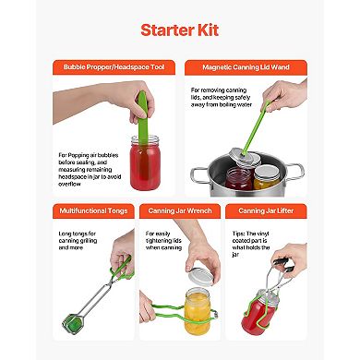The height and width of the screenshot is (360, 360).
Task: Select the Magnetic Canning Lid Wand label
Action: click(x=247, y=67)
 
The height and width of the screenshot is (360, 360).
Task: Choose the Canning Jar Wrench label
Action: click(x=180, y=211)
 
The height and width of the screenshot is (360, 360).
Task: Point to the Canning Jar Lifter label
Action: click(x=270, y=211)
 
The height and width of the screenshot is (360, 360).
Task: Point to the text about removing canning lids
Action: click(x=222, y=97)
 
